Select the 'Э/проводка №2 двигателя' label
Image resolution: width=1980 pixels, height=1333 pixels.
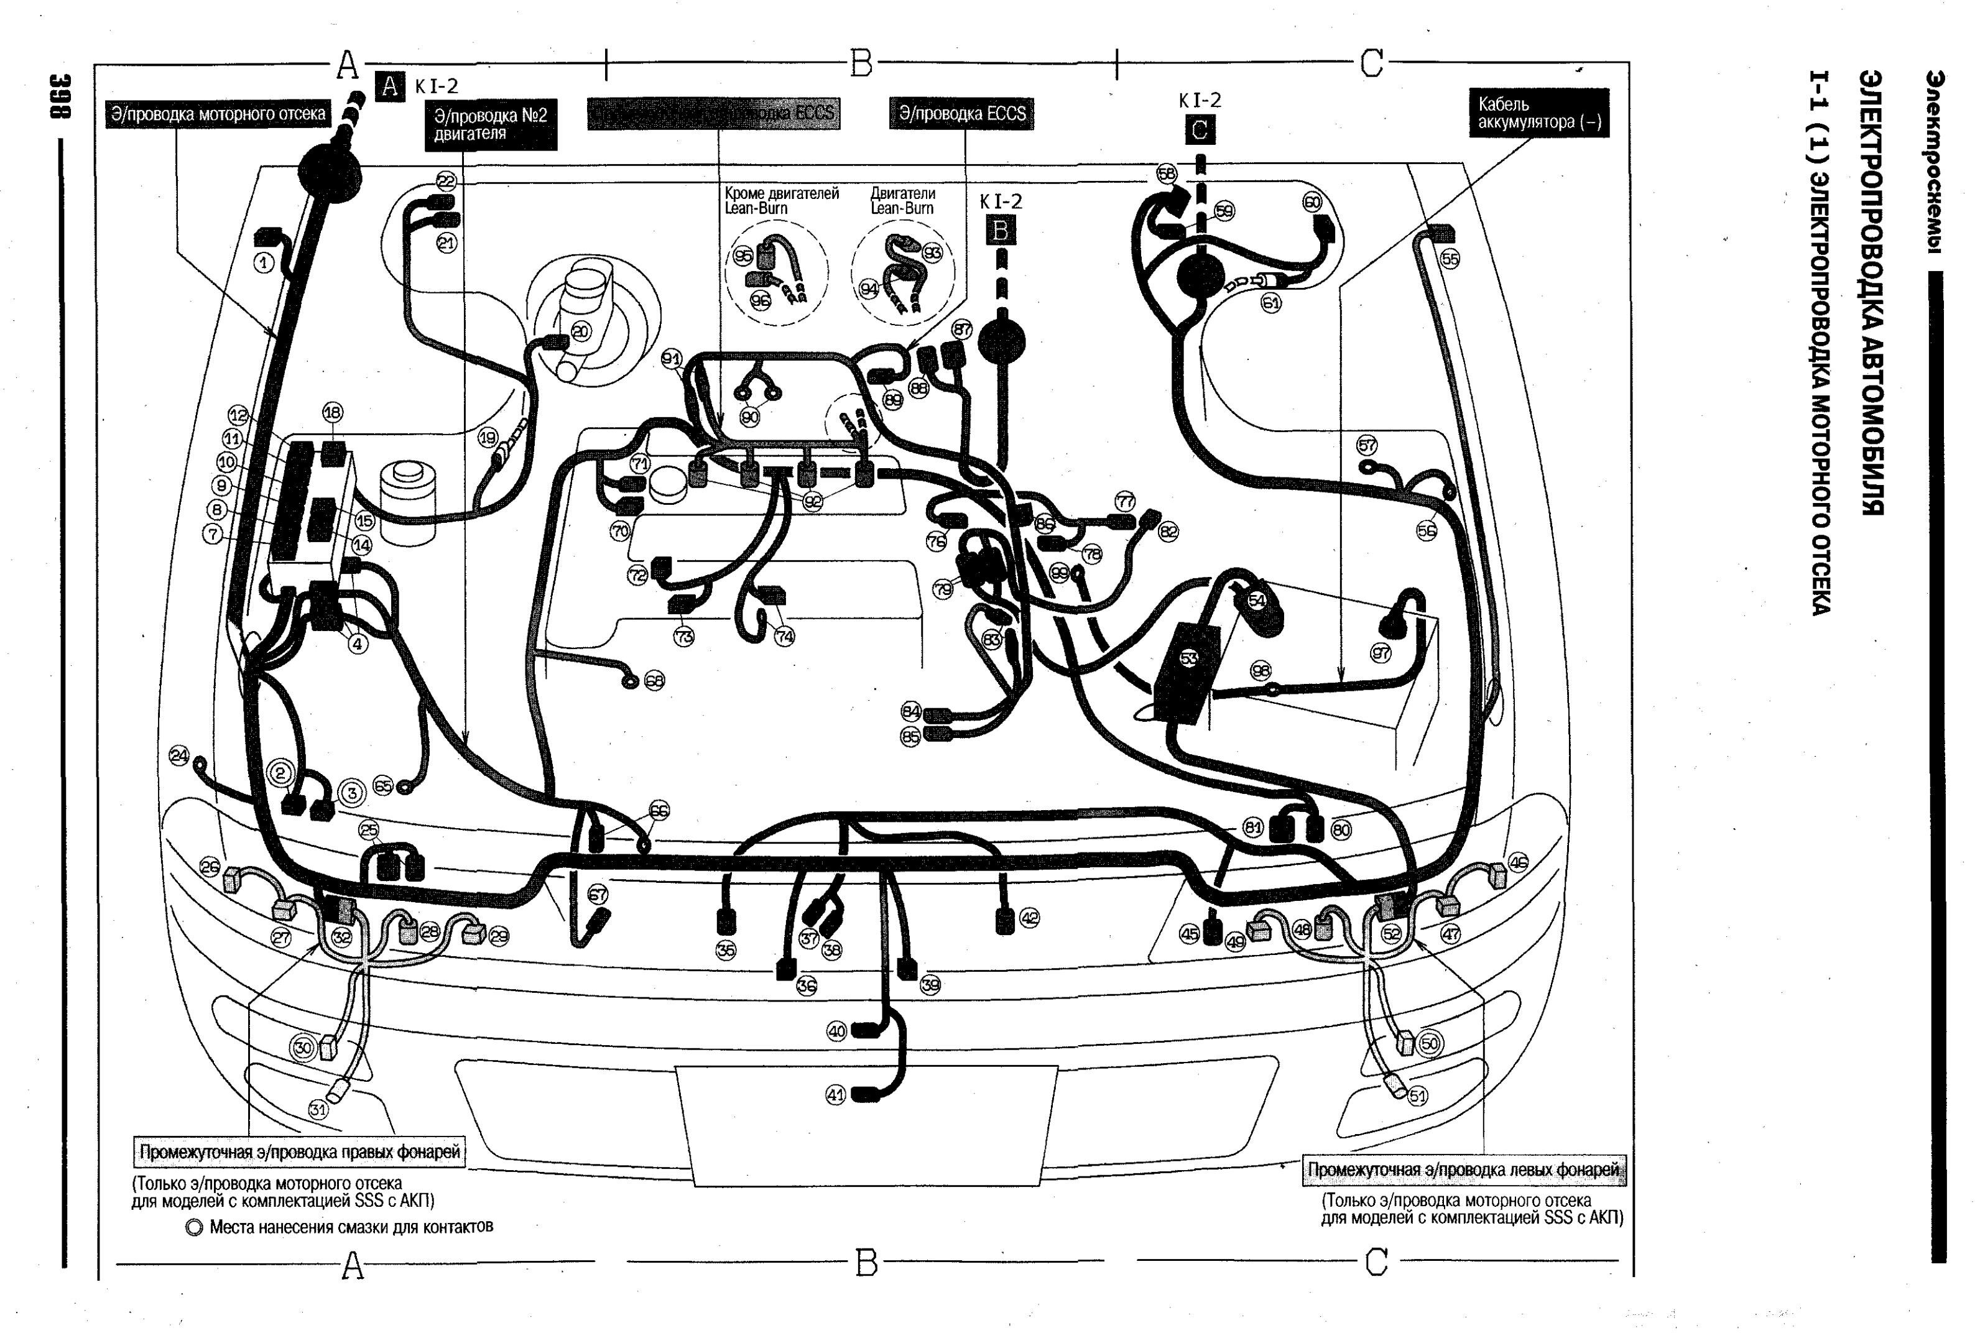(x=491, y=124)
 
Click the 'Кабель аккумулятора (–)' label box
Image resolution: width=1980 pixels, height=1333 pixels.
(x=1538, y=113)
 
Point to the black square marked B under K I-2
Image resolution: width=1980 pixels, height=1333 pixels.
(x=1001, y=231)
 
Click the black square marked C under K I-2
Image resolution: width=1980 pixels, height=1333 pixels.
(x=1200, y=130)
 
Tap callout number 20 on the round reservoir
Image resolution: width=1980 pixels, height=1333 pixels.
(x=581, y=331)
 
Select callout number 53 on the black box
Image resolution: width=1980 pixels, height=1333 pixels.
(x=1188, y=658)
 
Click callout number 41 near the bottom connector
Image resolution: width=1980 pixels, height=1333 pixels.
(x=836, y=1095)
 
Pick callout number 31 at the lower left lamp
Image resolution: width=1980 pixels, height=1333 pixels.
(x=318, y=1109)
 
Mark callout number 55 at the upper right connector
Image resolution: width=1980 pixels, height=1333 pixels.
(x=1450, y=259)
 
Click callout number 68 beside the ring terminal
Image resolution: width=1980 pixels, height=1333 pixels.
(x=654, y=681)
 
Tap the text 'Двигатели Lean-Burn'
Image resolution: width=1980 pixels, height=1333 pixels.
(x=902, y=201)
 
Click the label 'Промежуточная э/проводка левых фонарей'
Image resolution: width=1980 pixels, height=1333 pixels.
(x=1463, y=1169)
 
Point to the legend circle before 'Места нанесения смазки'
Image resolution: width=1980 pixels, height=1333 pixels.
(x=195, y=1227)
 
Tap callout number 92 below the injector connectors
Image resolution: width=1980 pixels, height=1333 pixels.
(x=813, y=502)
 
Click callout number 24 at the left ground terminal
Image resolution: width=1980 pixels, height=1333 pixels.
(x=178, y=755)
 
